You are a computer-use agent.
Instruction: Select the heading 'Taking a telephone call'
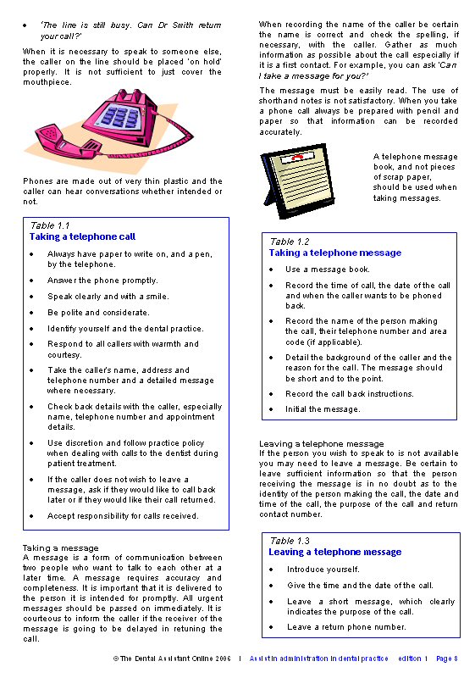click(x=82, y=237)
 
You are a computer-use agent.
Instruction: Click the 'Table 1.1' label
click(x=50, y=226)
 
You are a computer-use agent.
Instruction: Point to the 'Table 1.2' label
click(x=290, y=242)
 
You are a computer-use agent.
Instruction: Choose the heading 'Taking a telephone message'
click(x=335, y=253)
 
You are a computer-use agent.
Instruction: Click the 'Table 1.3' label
click(x=290, y=541)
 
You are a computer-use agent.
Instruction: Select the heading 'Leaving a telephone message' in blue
click(x=335, y=552)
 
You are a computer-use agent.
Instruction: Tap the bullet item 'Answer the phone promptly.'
click(x=102, y=281)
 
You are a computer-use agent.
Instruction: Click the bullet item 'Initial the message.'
click(x=323, y=409)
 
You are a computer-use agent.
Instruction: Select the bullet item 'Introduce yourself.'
click(x=323, y=570)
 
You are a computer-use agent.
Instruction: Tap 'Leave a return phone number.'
click(x=346, y=627)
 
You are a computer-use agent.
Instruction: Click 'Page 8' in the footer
click(x=446, y=659)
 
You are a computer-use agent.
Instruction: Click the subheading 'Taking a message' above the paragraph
click(x=60, y=547)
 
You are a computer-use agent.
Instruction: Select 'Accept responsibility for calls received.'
click(x=123, y=515)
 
